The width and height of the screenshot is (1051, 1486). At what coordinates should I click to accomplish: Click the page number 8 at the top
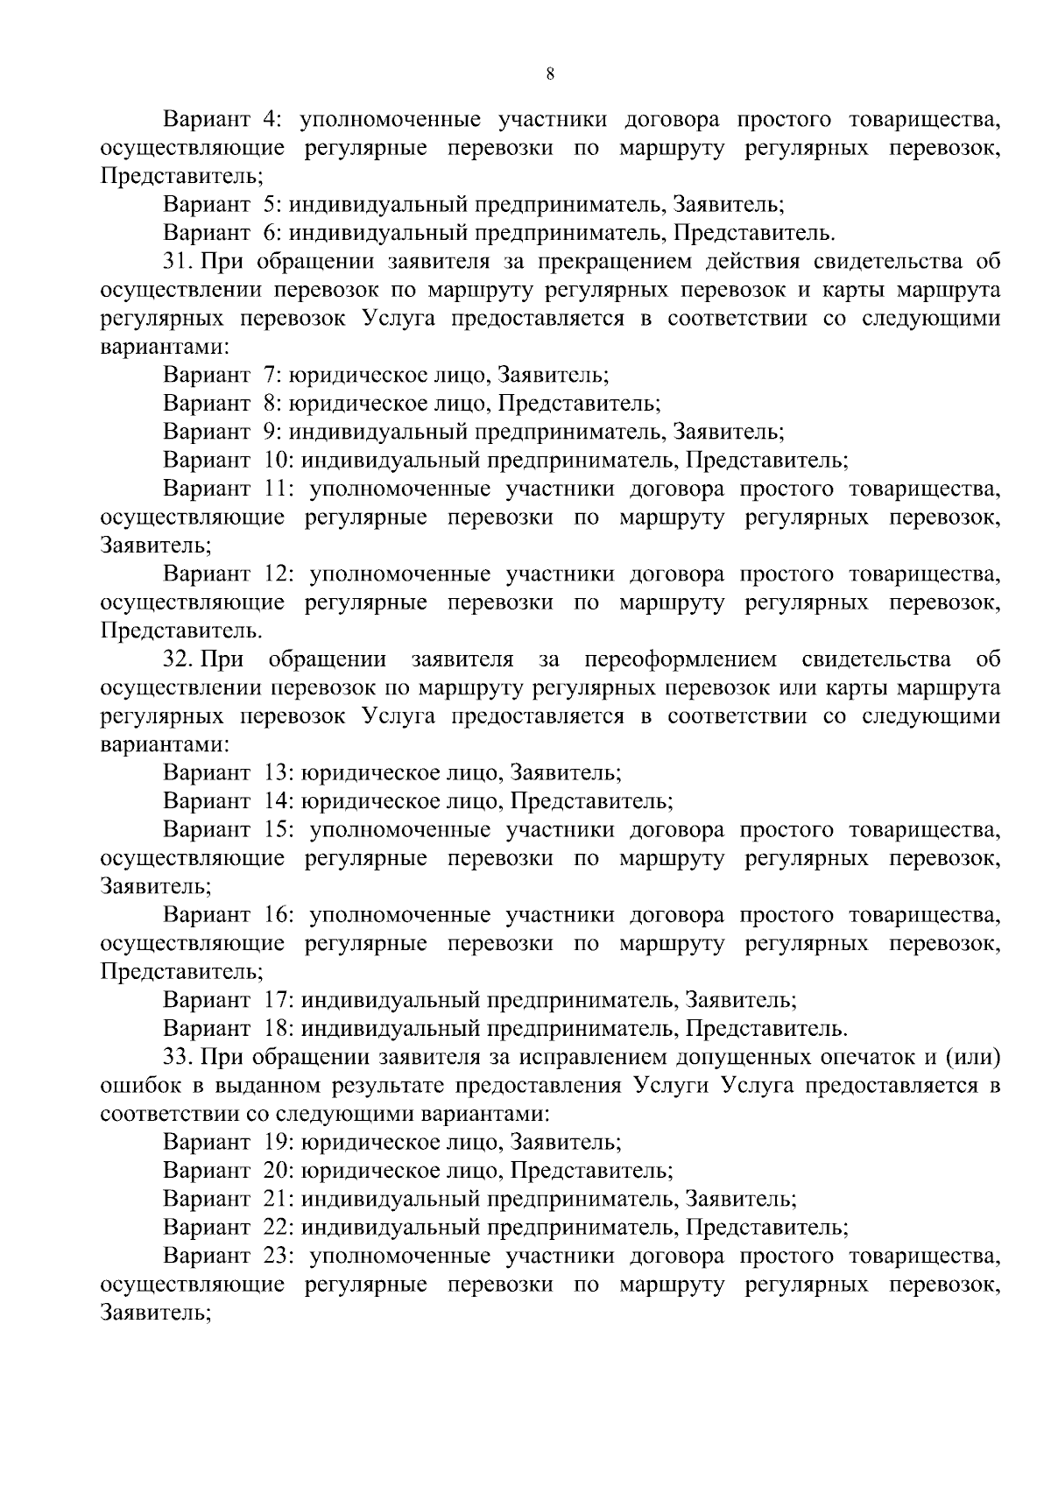coord(549,74)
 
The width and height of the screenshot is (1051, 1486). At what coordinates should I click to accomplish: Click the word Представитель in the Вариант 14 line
coord(591,800)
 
